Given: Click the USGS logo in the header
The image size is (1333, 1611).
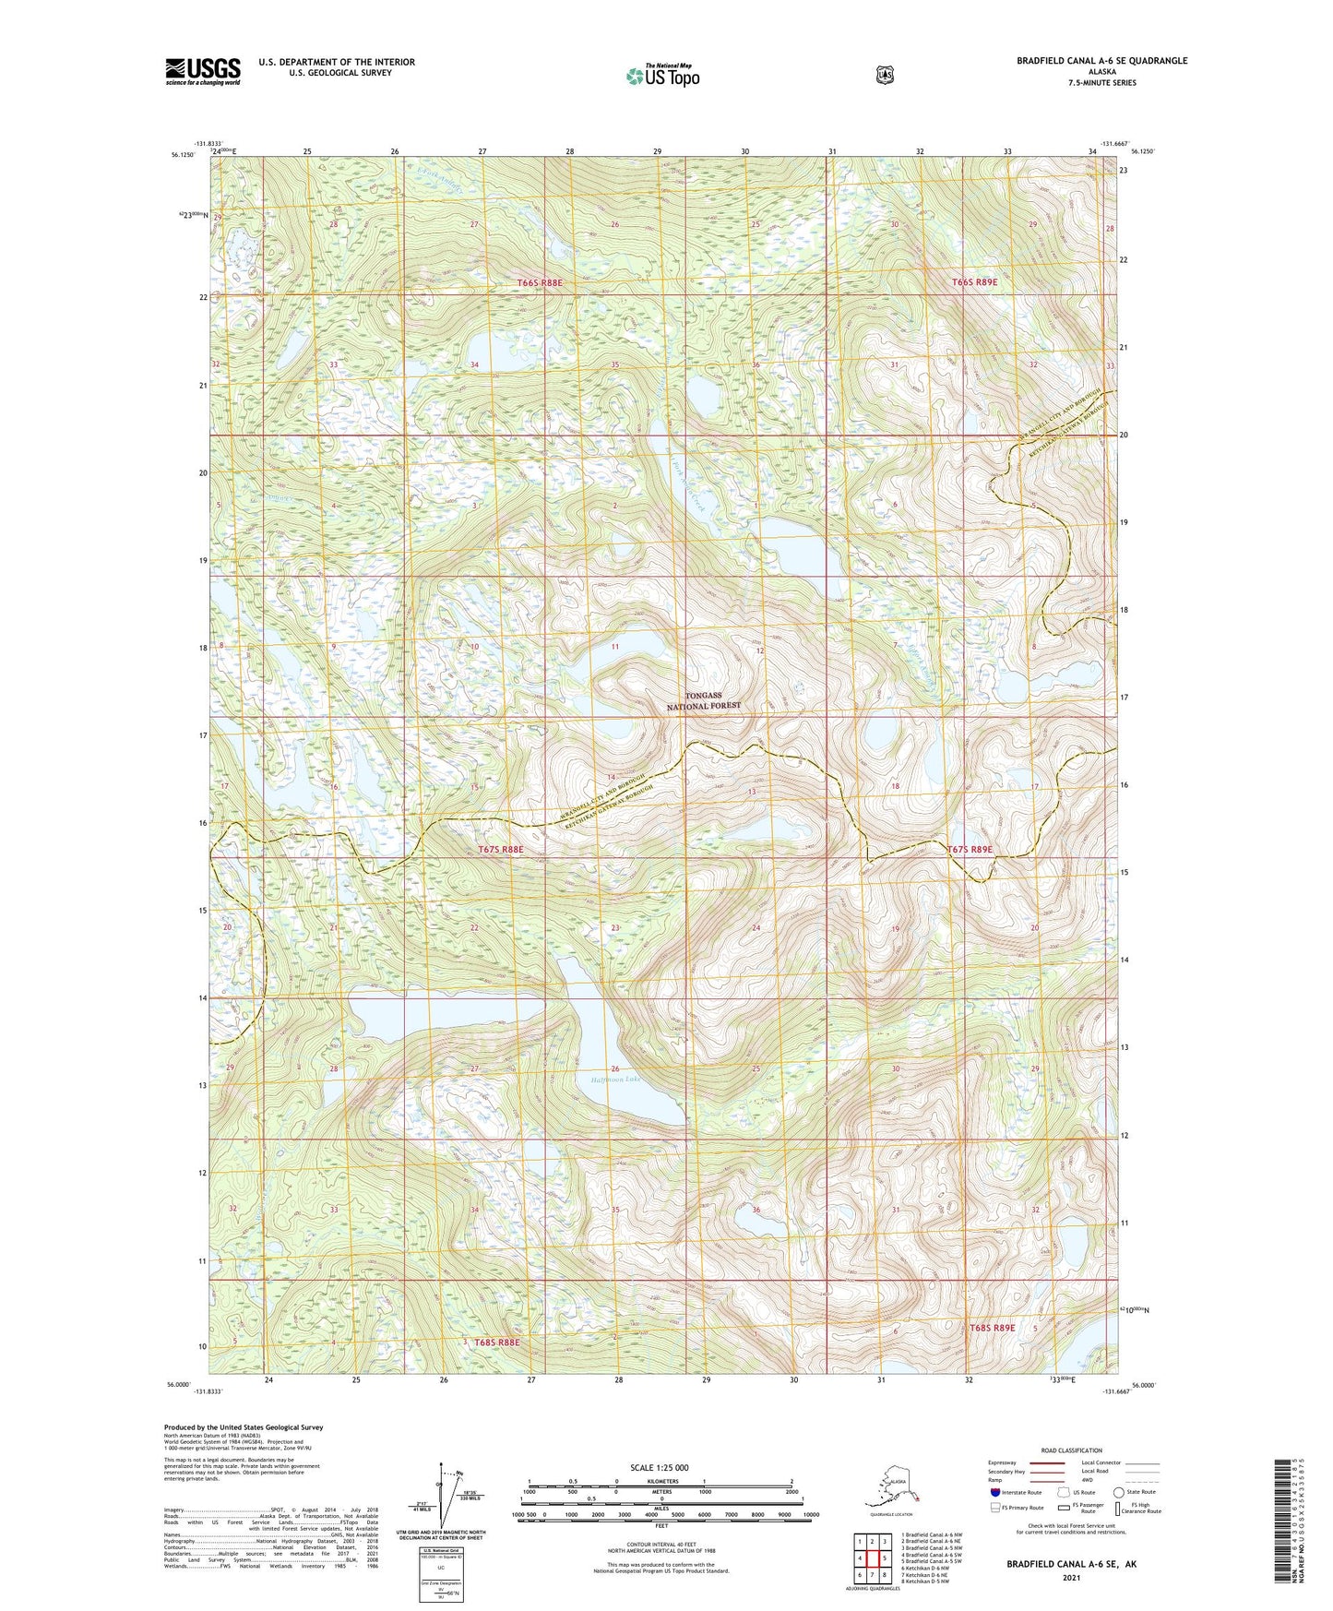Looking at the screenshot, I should point(203,71).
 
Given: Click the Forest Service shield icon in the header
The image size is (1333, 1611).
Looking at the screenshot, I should point(885,75).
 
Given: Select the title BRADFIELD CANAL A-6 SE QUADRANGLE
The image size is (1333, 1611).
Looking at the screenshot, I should point(1101,61).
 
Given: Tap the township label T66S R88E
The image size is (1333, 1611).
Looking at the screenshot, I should point(540,282).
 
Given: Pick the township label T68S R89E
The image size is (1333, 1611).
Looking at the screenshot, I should point(992,1328).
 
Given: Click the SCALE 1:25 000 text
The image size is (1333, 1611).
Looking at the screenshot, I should point(660,1467).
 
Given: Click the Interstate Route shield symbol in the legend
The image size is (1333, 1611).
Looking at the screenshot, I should point(994,1492).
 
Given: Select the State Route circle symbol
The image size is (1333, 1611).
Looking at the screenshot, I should point(1118,1492).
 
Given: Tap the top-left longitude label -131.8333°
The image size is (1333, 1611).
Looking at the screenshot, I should point(208,143).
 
